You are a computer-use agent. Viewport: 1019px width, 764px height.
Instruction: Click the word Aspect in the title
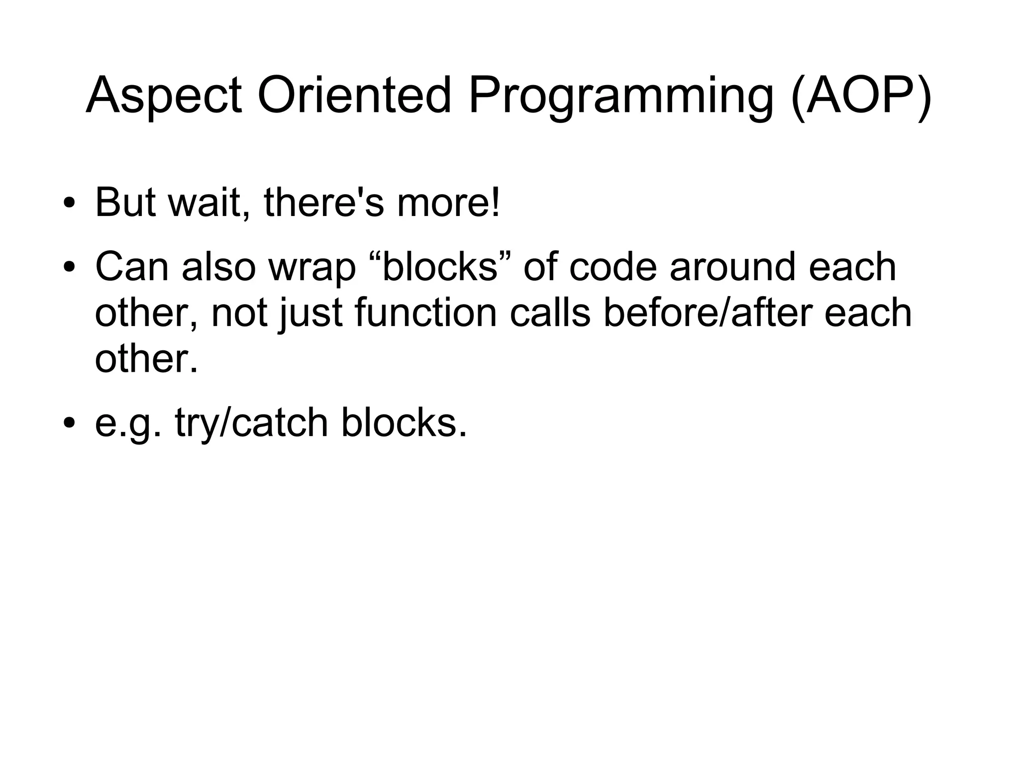tap(164, 96)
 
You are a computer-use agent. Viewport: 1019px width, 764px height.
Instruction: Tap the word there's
tap(324, 203)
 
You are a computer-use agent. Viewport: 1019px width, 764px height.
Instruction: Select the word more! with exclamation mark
tap(448, 203)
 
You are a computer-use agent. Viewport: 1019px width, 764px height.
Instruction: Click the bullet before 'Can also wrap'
tap(69, 267)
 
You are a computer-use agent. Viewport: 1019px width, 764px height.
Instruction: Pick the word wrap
tap(312, 267)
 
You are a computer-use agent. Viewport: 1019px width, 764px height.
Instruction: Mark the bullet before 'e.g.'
tap(69, 423)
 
